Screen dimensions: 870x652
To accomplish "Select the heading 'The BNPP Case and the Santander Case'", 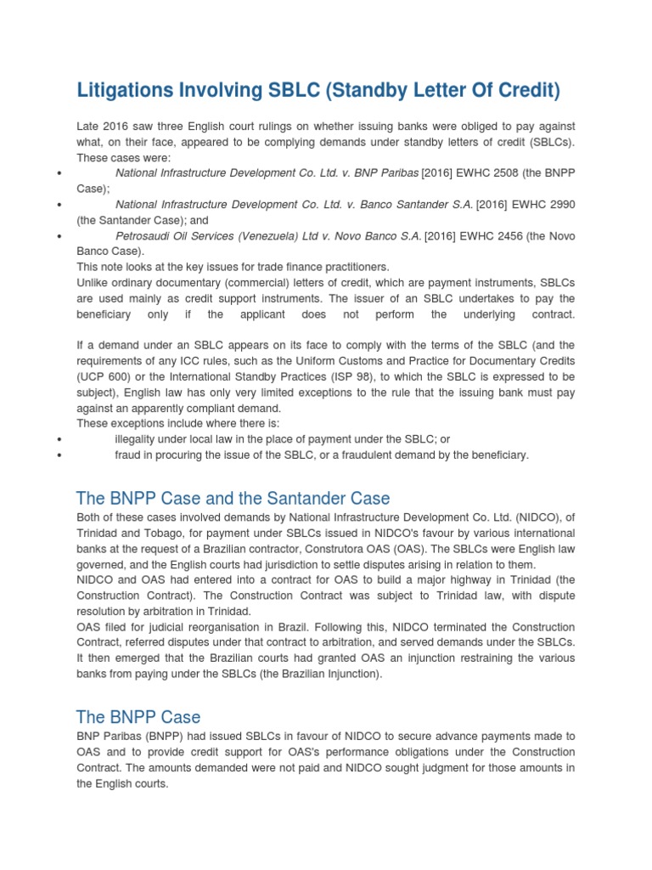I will [233, 498].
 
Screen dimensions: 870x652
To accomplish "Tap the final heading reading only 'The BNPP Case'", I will [138, 716].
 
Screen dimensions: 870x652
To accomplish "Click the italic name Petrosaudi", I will [141, 235].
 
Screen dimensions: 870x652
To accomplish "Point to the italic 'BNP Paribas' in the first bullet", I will [386, 173].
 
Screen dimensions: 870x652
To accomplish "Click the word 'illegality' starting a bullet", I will [139, 438].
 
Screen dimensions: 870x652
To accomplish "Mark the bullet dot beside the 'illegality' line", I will [58, 439].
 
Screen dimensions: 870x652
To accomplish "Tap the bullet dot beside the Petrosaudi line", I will [58, 236].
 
